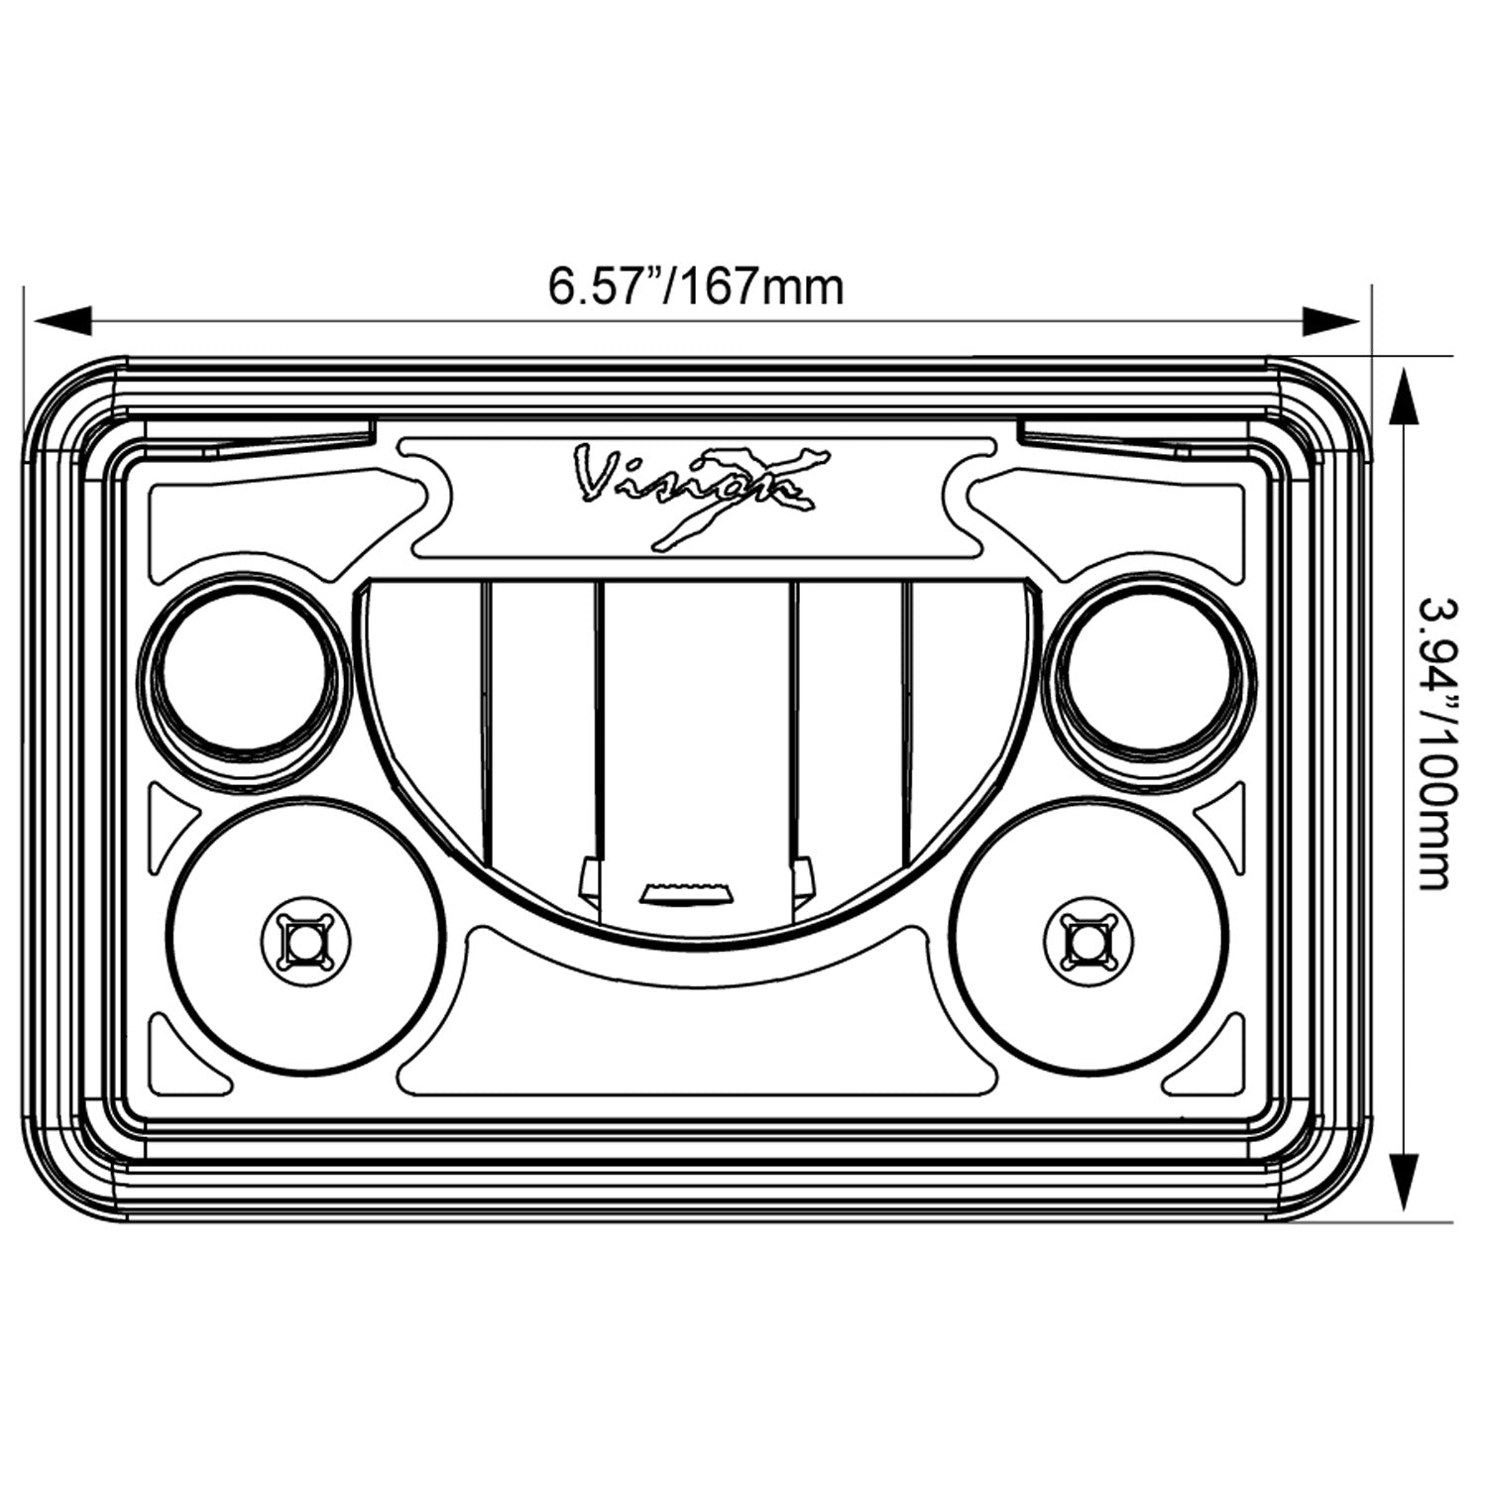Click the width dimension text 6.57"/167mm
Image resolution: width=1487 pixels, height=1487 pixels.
tap(696, 287)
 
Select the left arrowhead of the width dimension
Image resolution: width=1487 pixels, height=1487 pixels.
tap(61, 320)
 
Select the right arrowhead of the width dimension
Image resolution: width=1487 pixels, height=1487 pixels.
tap(1331, 320)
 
